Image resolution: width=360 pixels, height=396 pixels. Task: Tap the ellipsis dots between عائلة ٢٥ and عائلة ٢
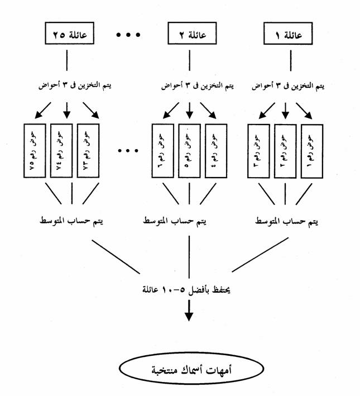[x=129, y=36]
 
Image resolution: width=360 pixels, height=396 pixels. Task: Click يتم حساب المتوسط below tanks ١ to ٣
[x=285, y=221]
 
